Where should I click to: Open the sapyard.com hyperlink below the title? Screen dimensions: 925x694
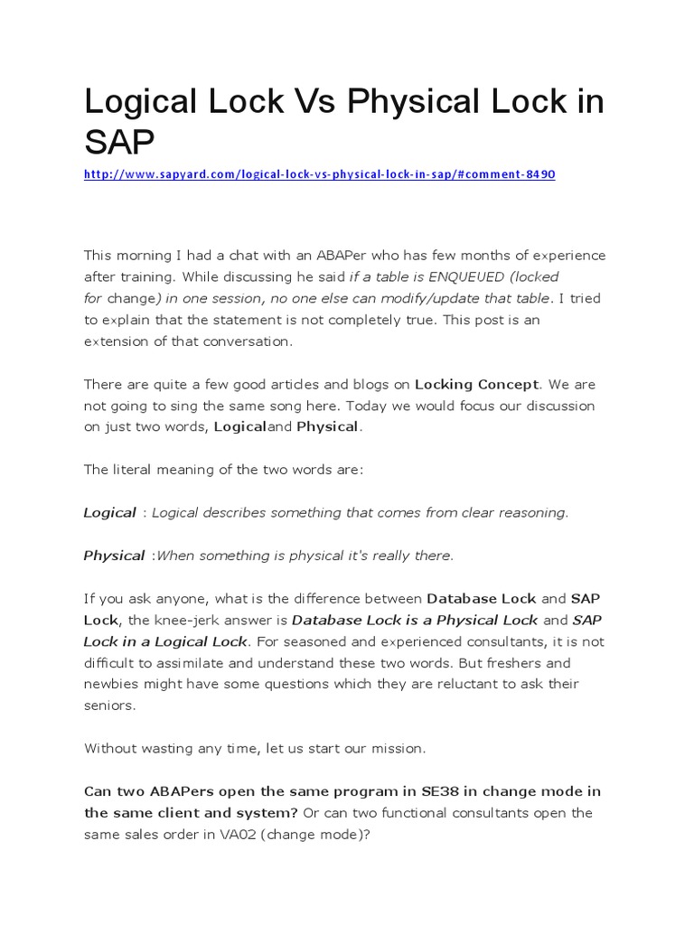tap(319, 173)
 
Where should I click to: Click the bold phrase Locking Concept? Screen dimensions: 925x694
tap(488, 385)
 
